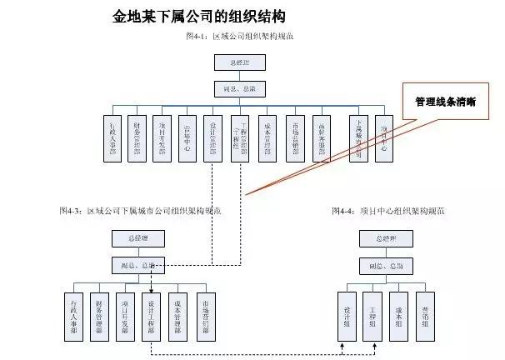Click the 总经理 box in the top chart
click(x=240, y=62)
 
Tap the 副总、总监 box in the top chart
click(x=240, y=87)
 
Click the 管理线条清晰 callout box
click(x=445, y=102)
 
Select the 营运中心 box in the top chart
click(x=187, y=137)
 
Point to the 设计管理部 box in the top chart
click(x=213, y=137)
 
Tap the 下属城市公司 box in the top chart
click(x=358, y=137)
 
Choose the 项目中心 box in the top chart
click(x=383, y=137)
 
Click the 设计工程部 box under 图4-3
click(x=151, y=317)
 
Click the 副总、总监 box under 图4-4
click(x=386, y=266)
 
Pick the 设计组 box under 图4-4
click(x=347, y=317)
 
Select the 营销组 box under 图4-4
click(x=424, y=317)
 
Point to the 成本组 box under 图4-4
click(x=398, y=317)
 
